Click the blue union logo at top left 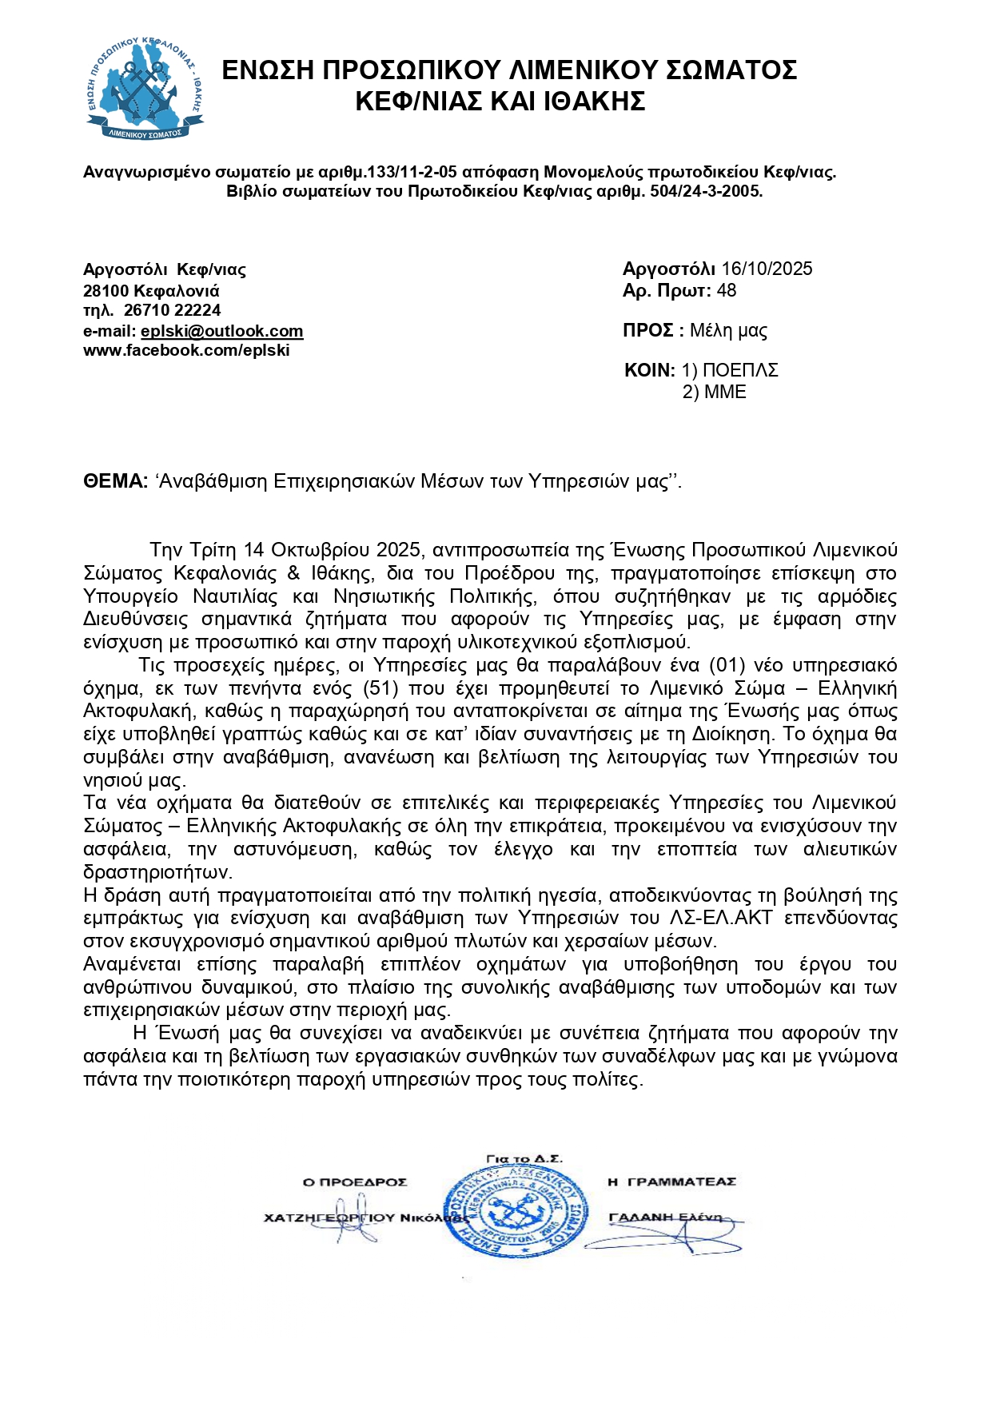coord(145,89)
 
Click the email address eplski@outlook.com coord(221,331)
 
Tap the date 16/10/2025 coord(766,269)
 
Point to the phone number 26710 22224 coord(172,310)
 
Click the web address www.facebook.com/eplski coord(186,350)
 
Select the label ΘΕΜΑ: coord(115,480)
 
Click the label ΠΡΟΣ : coord(652,330)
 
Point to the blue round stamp coord(516,1212)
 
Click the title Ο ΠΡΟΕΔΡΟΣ coord(354,1182)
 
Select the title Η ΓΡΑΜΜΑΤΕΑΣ coord(671,1182)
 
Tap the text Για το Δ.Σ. coord(524,1158)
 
